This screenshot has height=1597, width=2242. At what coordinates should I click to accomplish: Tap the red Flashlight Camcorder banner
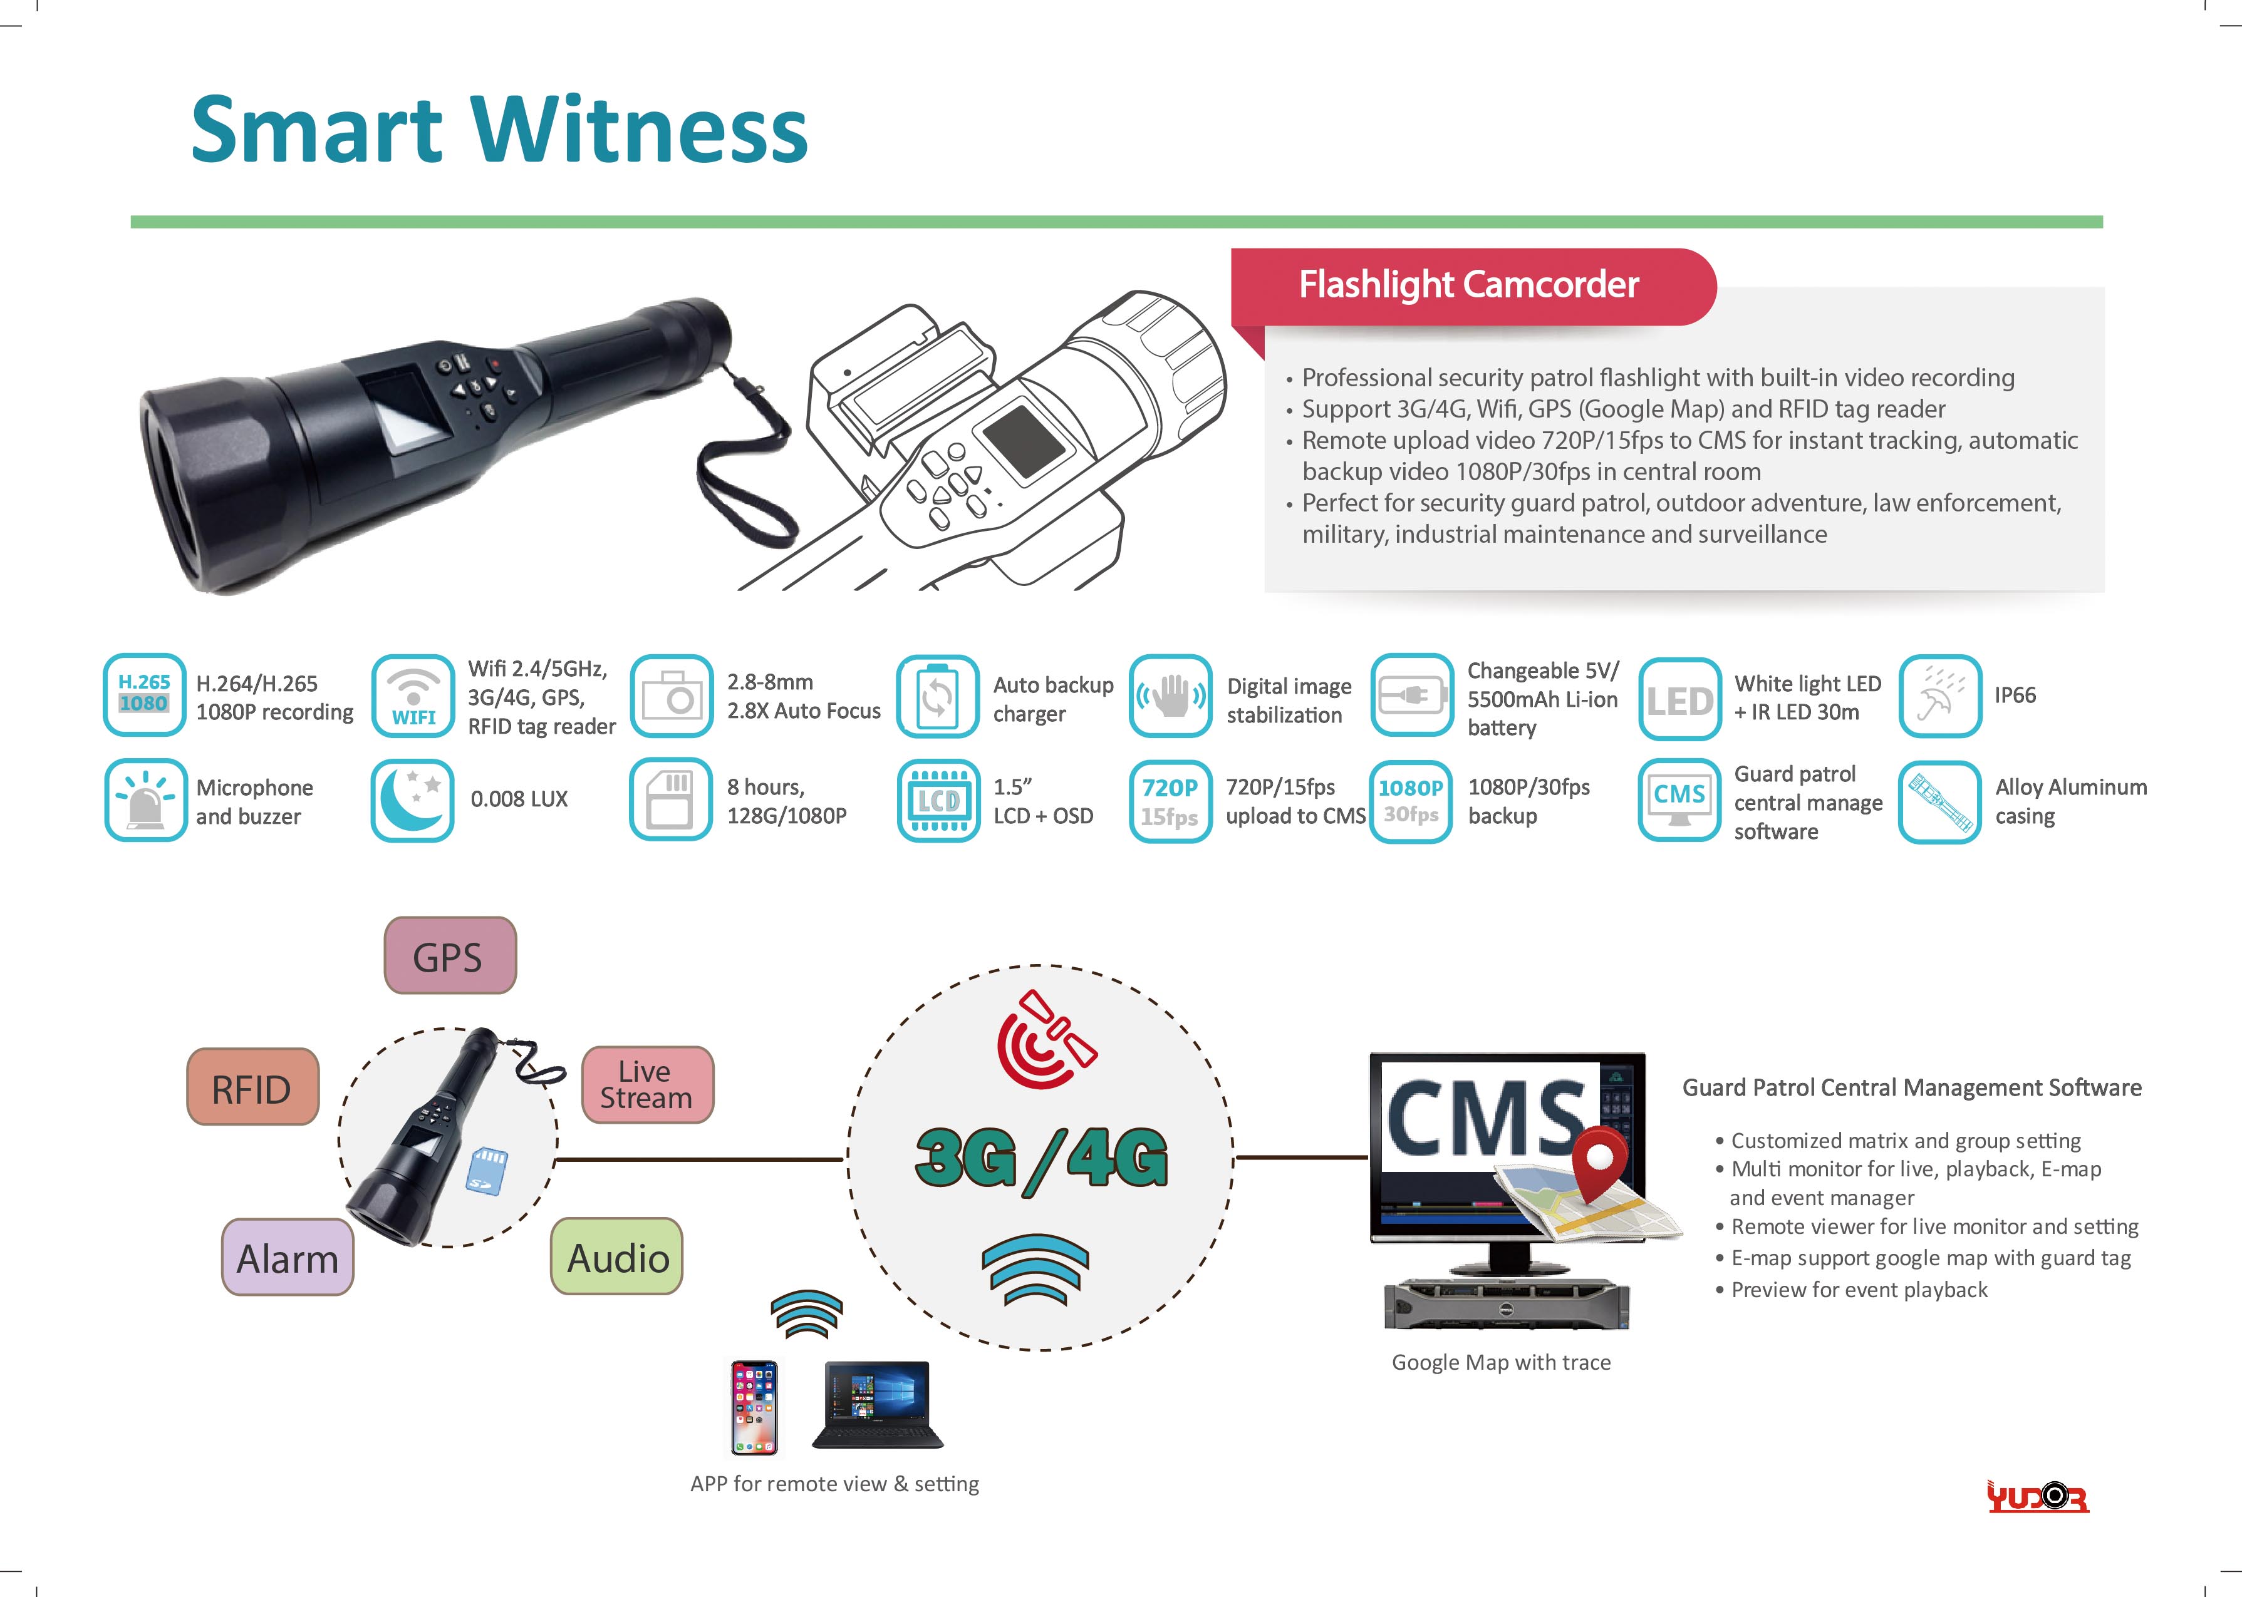pyautogui.click(x=1473, y=286)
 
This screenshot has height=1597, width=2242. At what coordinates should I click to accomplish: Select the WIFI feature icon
pyautogui.click(x=413, y=696)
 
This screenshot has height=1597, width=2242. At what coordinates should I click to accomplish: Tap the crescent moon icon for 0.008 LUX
pyautogui.click(x=412, y=799)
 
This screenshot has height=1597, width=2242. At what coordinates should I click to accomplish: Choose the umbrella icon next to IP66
pyautogui.click(x=1940, y=696)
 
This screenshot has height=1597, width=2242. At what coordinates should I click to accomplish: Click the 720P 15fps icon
pyautogui.click(x=1170, y=801)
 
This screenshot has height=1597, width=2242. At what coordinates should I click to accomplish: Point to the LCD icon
pyautogui.click(x=938, y=801)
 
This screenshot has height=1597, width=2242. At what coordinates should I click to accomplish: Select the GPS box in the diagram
pyautogui.click(x=450, y=956)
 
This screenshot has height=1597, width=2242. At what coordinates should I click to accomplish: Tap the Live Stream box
pyautogui.click(x=647, y=1085)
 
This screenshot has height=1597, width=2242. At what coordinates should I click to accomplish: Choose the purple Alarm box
pyautogui.click(x=288, y=1258)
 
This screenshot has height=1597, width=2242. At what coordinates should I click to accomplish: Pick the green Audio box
pyautogui.click(x=617, y=1256)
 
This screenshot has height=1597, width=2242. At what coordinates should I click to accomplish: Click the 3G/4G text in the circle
pyautogui.click(x=1041, y=1159)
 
